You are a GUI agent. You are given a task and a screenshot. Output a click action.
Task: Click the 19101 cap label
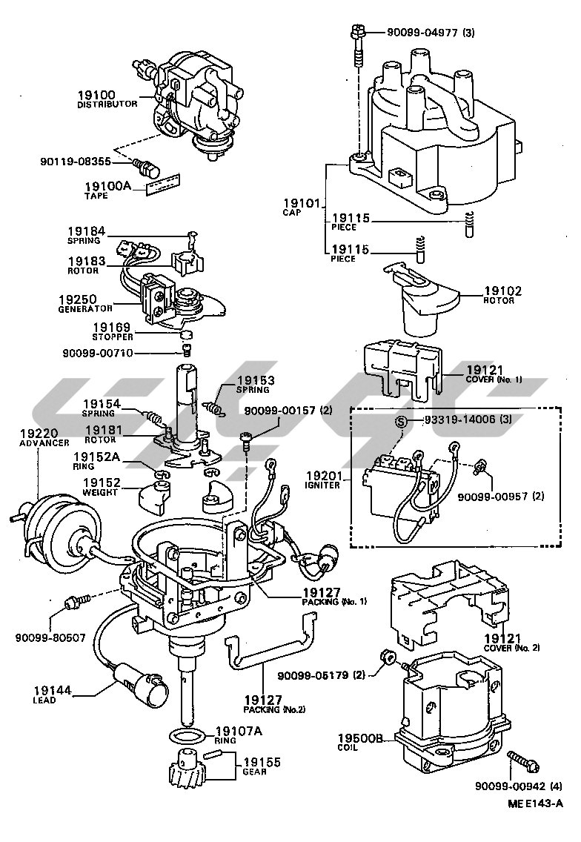[x=301, y=202]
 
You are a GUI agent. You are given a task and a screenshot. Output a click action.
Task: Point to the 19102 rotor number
[x=502, y=291]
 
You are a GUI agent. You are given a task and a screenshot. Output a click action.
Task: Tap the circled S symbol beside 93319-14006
[x=400, y=422]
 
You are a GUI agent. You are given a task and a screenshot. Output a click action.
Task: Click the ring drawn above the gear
[x=185, y=736]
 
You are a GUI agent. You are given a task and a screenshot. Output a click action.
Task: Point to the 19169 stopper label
[x=111, y=327]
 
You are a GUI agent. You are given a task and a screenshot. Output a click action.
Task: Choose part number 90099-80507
[x=50, y=636]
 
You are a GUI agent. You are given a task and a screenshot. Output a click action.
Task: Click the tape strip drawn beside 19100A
[x=164, y=183]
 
